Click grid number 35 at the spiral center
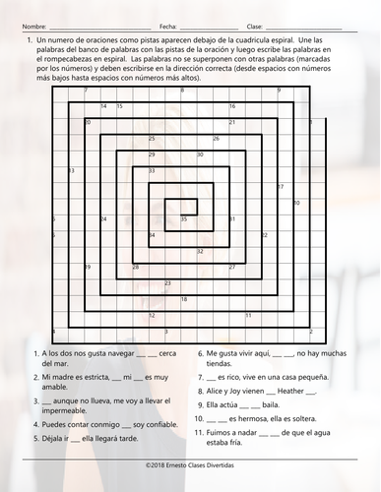click(184, 219)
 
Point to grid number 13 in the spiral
click(72, 171)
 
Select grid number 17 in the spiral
click(281, 187)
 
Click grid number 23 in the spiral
click(167, 284)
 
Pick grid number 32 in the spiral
click(200, 252)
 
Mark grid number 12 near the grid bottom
click(152, 316)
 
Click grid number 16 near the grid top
click(232, 106)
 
